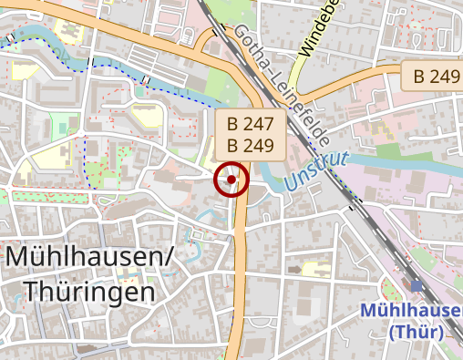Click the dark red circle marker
[x=231, y=180]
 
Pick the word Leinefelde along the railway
[x=302, y=108]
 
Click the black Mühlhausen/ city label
[x=89, y=259]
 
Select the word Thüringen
[x=88, y=292]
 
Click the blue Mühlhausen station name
[x=411, y=310]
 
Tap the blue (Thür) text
[x=416, y=332]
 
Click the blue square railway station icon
[x=417, y=286]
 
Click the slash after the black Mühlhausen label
[x=168, y=259]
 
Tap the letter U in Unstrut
[x=291, y=181]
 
